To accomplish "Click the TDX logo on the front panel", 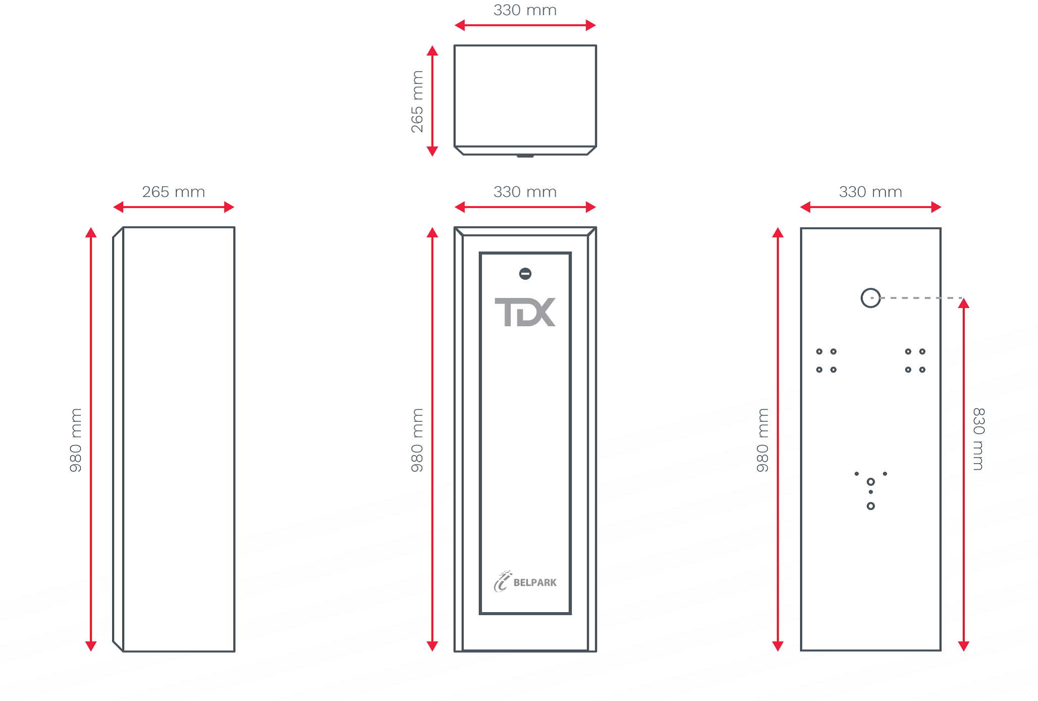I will pos(525,312).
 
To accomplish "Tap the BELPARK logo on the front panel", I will pos(525,582).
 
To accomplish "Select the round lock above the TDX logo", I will pos(525,274).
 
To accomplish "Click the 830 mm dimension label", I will pos(978,439).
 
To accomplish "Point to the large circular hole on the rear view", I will pos(870,298).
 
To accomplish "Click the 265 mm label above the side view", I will pos(173,192).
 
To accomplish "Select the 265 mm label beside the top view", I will pos(417,102).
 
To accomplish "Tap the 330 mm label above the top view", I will pos(525,10).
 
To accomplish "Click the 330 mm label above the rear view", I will pos(870,192).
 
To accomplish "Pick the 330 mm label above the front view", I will pos(525,192).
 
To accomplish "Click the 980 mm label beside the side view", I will pos(76,440).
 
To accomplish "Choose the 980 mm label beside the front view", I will pos(417,440).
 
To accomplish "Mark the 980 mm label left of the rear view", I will pos(762,440).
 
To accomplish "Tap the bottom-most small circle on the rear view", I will pos(870,506).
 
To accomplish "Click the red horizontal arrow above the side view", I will pos(173,207).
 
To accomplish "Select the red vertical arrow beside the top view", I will pos(432,101).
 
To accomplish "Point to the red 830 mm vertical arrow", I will pos(964,475).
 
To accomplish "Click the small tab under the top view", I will pos(525,156).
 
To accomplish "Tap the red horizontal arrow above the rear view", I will pos(870,207).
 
